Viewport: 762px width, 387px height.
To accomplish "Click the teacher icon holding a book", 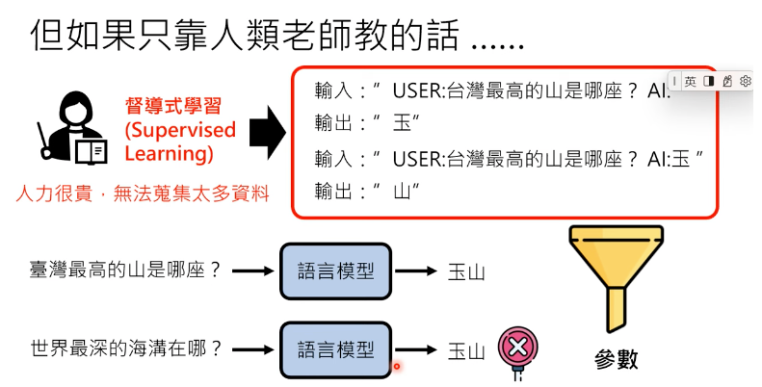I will click(72, 129).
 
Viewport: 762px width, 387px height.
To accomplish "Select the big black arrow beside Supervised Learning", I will click(263, 130).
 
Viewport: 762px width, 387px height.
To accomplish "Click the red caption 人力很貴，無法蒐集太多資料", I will click(143, 193).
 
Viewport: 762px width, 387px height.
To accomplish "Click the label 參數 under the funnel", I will click(616, 361).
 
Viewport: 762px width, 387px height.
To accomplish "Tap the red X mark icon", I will click(517, 348).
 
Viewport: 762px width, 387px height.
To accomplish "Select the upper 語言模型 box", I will click(336, 271).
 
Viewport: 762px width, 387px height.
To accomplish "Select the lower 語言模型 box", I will click(336, 348).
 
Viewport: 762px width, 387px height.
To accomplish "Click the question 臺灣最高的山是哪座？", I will click(125, 271).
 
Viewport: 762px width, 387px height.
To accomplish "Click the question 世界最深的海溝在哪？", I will click(125, 348).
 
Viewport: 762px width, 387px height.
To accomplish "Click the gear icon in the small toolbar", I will click(745, 81).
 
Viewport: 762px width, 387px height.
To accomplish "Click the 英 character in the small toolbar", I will click(691, 81).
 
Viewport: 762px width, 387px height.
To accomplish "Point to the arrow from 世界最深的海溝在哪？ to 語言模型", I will click(253, 348).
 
